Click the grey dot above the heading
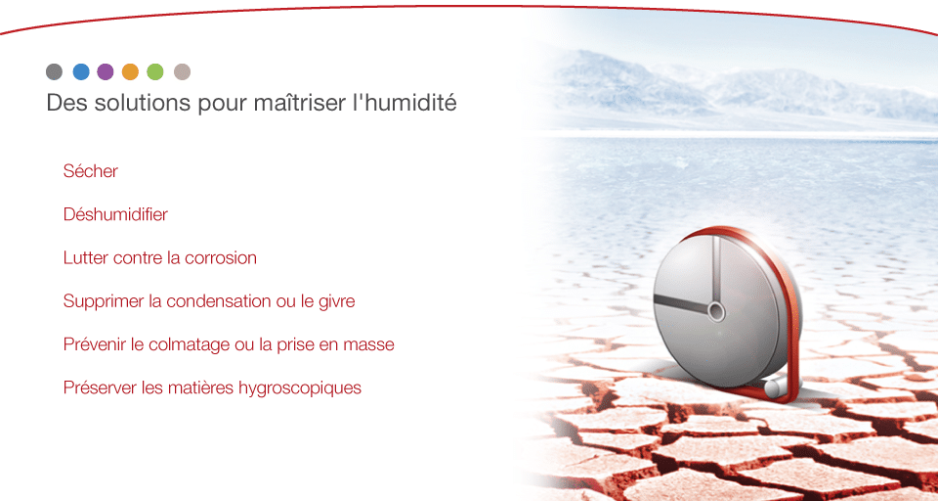pyautogui.click(x=55, y=71)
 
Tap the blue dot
pyautogui.click(x=81, y=71)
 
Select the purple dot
pyautogui.click(x=106, y=71)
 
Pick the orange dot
pyautogui.click(x=130, y=71)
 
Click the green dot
pyautogui.click(x=155, y=71)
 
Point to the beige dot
pyautogui.click(x=182, y=71)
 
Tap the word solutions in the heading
pyautogui.click(x=143, y=103)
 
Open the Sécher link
pyautogui.click(x=90, y=171)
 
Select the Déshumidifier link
pyautogui.click(x=115, y=214)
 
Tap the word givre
pyautogui.click(x=336, y=300)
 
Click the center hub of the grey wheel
pyautogui.click(x=716, y=311)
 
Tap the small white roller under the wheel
pyautogui.click(x=775, y=387)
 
